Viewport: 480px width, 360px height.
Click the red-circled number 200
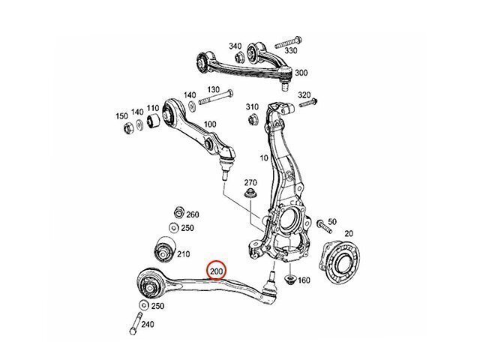(x=217, y=270)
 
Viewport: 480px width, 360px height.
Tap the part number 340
(x=235, y=46)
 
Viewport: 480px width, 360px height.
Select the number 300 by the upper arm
(x=301, y=73)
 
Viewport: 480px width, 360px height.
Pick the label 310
(x=251, y=106)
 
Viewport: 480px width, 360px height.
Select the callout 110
(x=152, y=107)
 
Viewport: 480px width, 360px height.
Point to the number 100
(x=209, y=123)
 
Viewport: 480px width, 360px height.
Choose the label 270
(x=250, y=183)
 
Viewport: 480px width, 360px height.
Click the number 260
(x=193, y=214)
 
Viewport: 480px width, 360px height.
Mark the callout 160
(x=304, y=280)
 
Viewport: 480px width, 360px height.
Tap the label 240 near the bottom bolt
(x=147, y=325)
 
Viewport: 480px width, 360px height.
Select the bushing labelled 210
(x=163, y=248)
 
